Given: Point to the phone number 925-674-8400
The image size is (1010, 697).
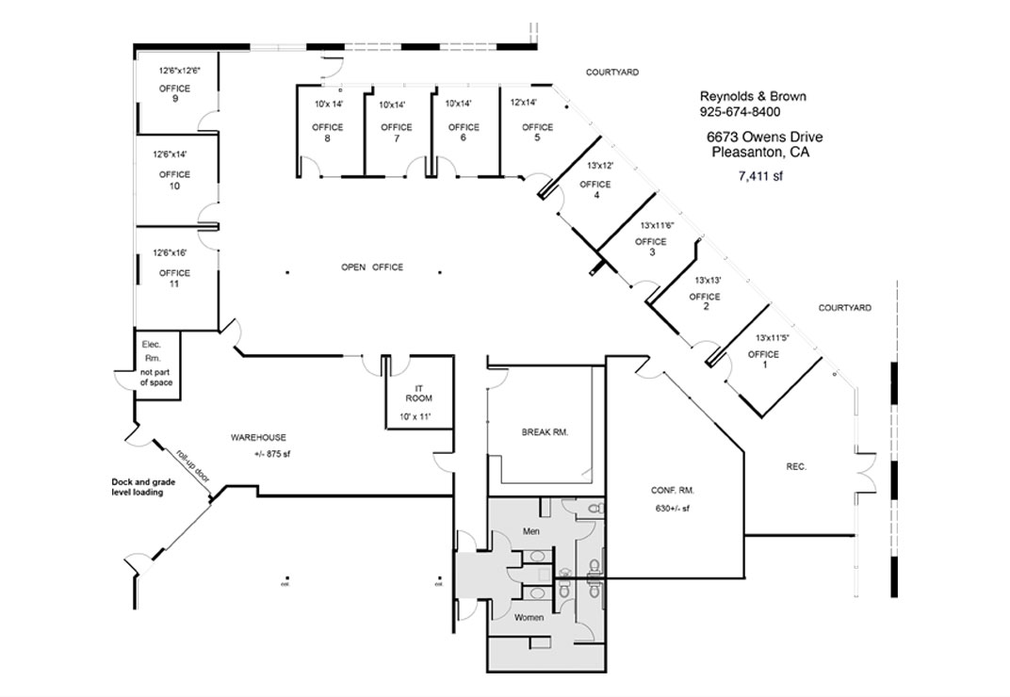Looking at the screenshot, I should point(740,111).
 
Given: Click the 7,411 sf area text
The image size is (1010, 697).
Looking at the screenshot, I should point(760,175).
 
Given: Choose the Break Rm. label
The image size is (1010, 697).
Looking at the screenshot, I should point(546,432).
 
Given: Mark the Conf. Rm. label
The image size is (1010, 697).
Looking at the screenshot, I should point(673,490).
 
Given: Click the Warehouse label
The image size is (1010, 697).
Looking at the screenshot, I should point(258,437).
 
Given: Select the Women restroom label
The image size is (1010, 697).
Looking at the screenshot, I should point(529,619).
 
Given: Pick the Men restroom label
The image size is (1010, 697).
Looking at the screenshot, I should point(530,532).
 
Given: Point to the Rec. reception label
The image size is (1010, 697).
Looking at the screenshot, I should point(796,466).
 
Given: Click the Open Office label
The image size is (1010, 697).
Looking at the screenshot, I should point(372,267).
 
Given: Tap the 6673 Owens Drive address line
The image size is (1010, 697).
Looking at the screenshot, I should point(758,137).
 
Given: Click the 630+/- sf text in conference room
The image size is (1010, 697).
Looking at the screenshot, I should point(673,509).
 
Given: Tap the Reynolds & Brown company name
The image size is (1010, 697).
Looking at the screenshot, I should point(752,96).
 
